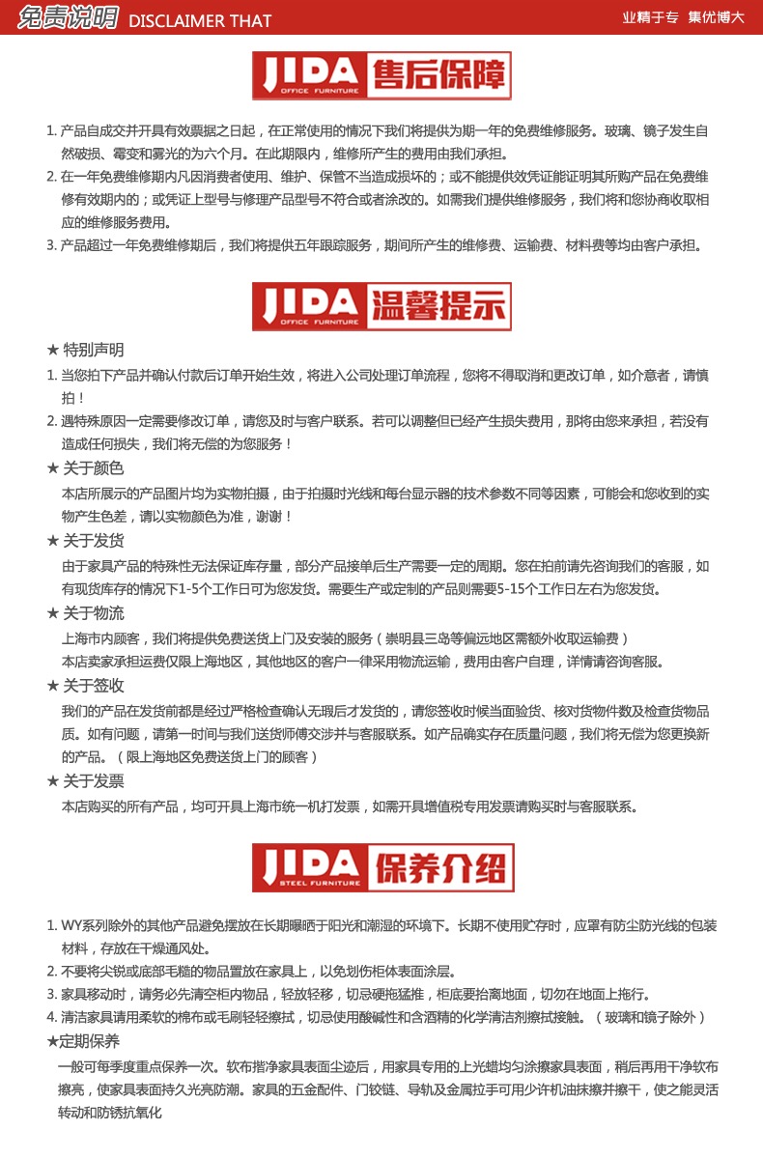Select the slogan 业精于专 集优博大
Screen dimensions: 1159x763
682,17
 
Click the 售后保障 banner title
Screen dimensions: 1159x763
438,76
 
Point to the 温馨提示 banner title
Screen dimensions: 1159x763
438,306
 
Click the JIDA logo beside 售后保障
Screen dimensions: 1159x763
308,76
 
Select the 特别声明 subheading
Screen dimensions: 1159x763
93,350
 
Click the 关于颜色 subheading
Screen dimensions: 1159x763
93,468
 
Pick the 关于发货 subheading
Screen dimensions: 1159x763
93,541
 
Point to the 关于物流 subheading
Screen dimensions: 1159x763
93,613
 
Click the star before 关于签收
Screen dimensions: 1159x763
53,686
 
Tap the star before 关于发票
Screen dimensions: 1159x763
53,781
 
